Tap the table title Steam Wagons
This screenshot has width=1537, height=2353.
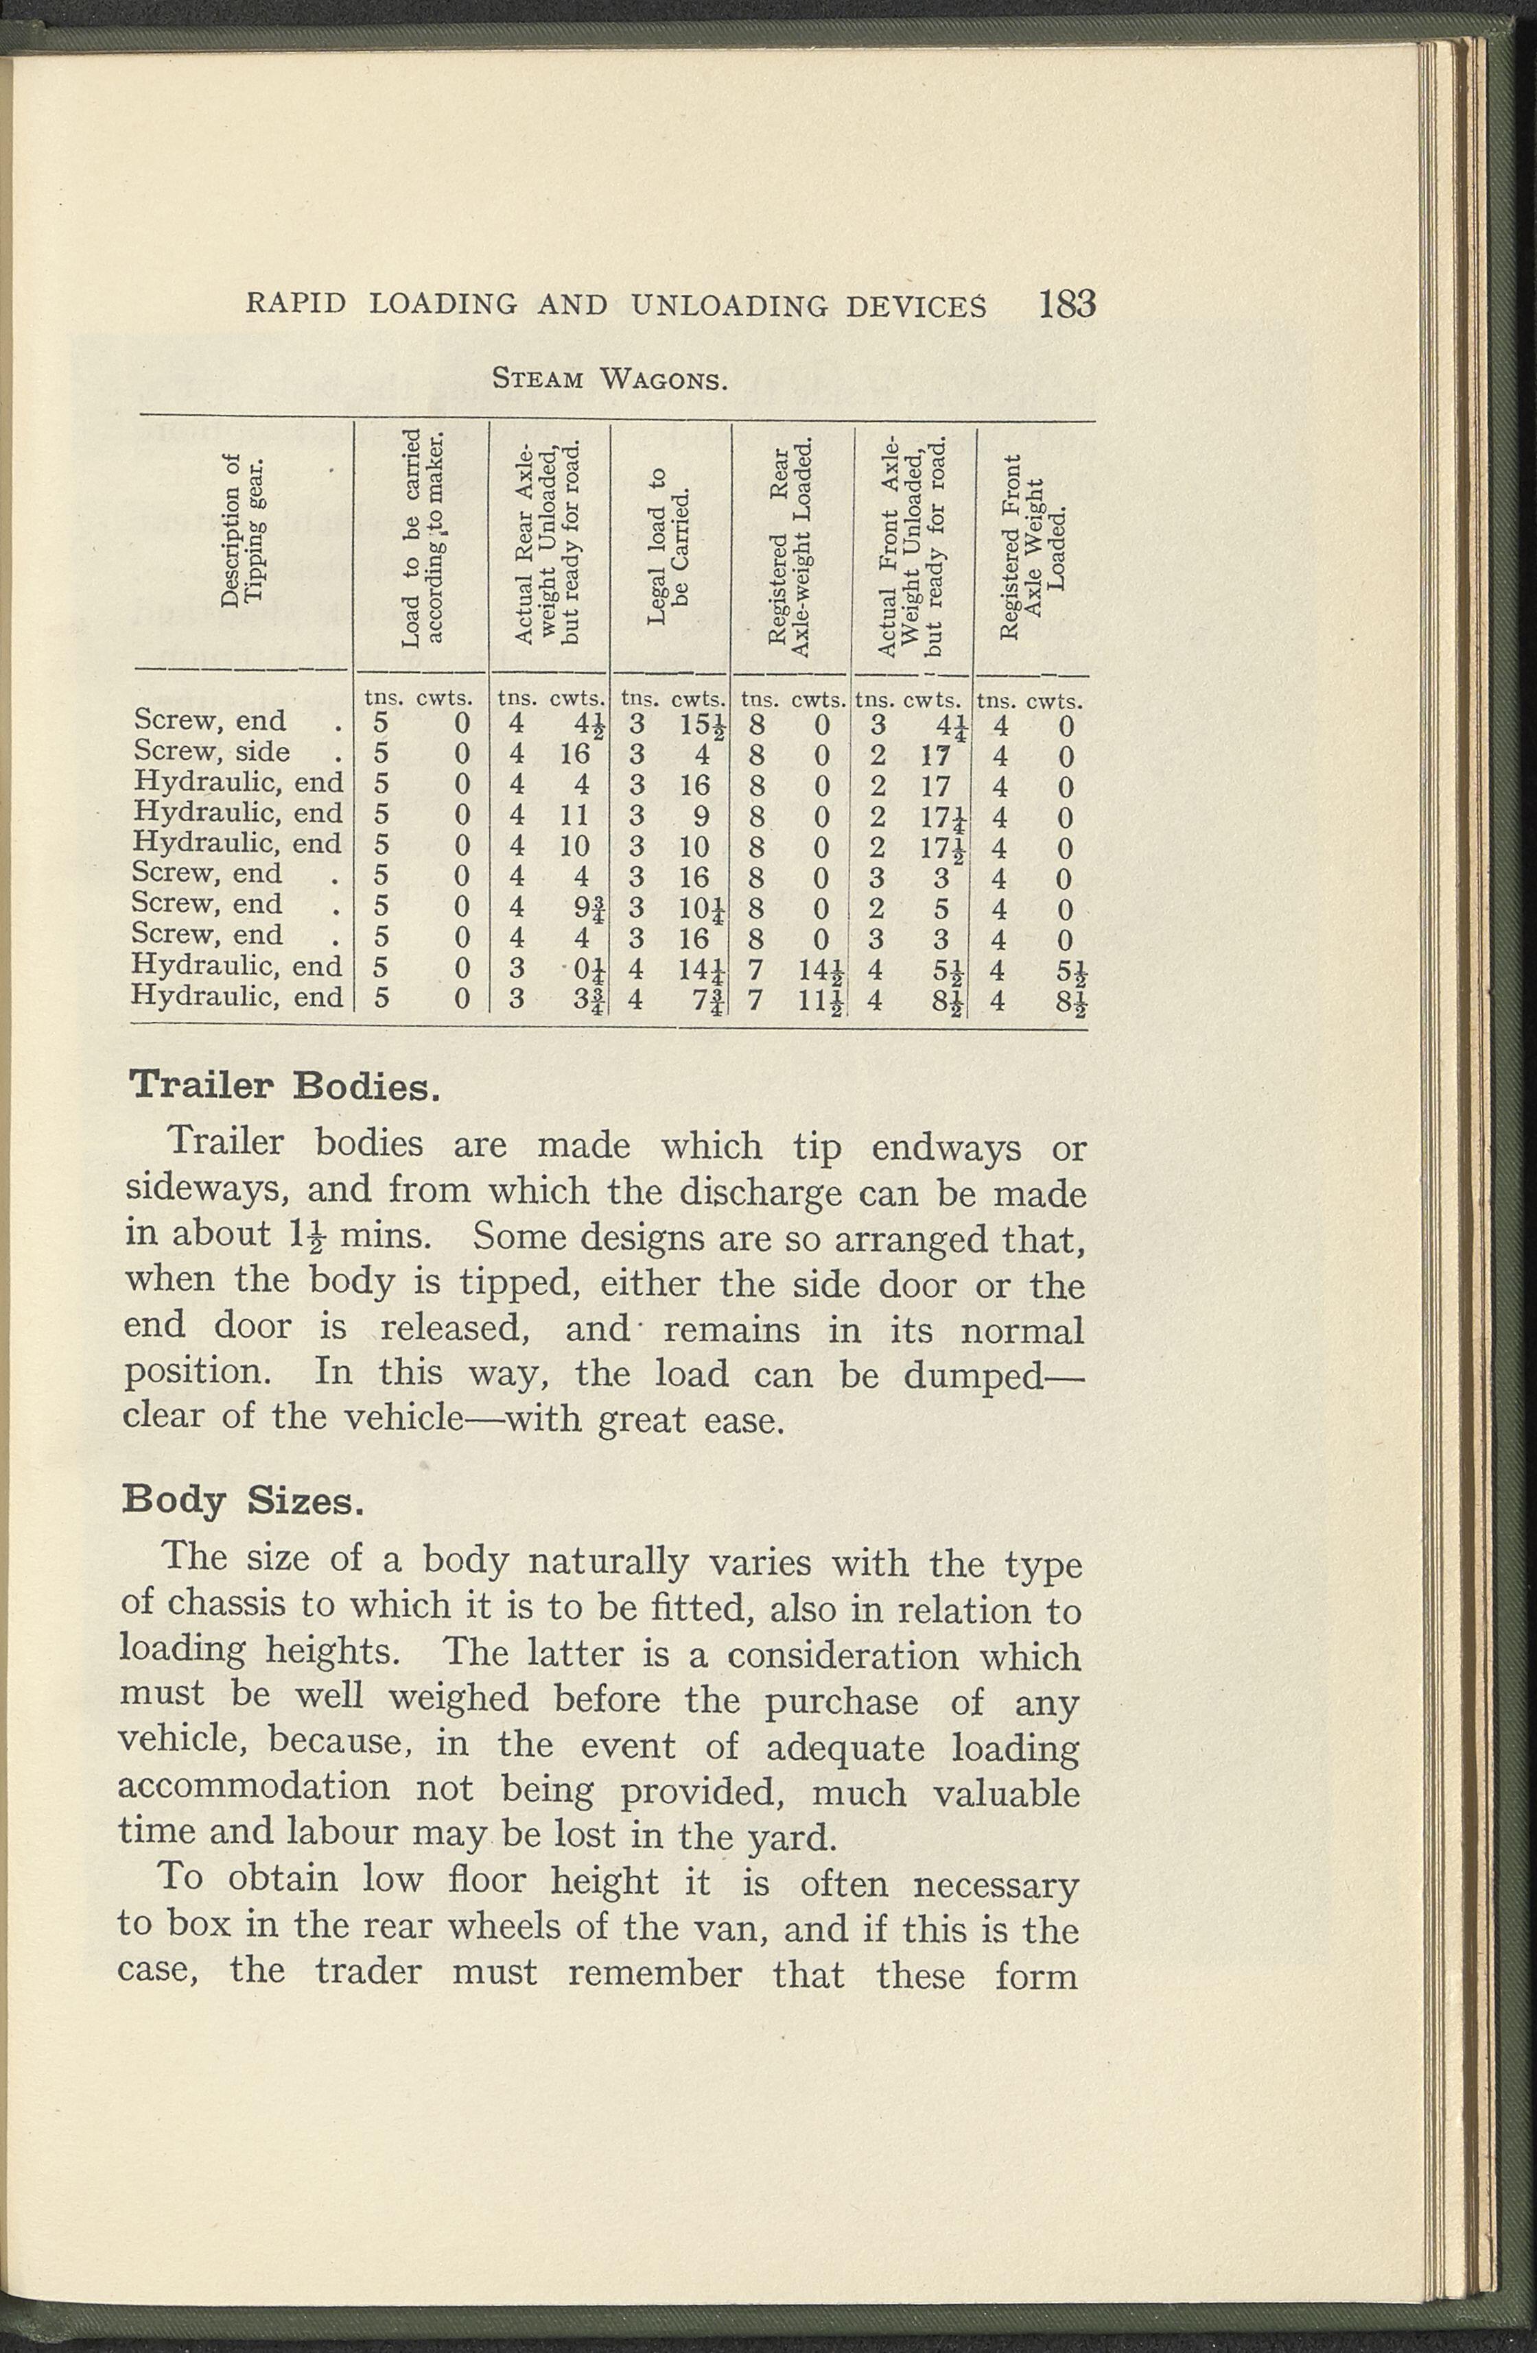coord(610,378)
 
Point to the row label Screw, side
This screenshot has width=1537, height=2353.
coord(211,752)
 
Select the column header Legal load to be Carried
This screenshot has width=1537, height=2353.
coord(668,559)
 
